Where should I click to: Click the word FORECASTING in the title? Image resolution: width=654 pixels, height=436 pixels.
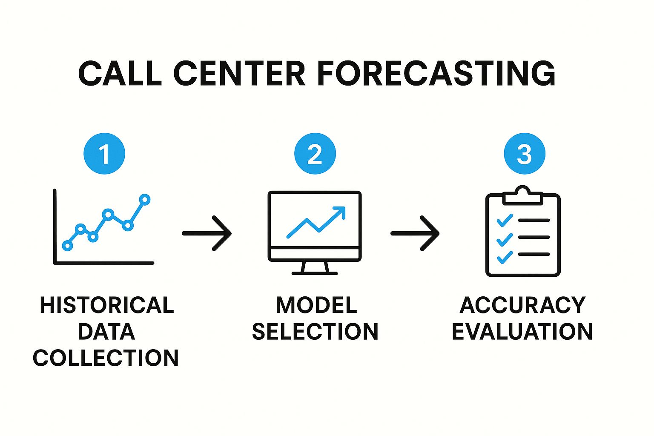click(x=436, y=73)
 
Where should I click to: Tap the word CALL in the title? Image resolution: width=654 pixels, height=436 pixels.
click(x=120, y=73)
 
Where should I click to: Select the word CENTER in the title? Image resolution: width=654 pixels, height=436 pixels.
click(x=239, y=73)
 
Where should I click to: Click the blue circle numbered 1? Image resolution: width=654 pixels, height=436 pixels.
click(x=104, y=154)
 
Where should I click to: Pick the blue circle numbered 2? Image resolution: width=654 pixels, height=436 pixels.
click(x=315, y=154)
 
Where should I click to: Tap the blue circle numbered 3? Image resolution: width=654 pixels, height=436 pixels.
click(x=525, y=154)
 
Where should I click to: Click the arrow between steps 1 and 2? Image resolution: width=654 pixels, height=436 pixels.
click(x=207, y=233)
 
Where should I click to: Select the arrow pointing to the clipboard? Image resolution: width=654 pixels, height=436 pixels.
click(x=415, y=233)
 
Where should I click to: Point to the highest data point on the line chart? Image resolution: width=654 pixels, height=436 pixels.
click(x=144, y=200)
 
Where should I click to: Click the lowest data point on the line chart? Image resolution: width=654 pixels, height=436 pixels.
click(x=67, y=246)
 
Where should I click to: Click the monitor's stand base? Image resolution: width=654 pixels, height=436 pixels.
click(x=315, y=273)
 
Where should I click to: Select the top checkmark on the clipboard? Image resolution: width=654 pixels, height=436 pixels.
click(x=505, y=221)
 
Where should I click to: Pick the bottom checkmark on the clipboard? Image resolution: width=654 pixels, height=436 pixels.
click(x=505, y=258)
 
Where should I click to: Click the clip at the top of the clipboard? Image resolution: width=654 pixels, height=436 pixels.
click(x=522, y=195)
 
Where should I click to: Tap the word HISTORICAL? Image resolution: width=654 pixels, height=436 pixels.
click(x=107, y=305)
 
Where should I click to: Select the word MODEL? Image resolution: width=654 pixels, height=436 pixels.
click(x=316, y=305)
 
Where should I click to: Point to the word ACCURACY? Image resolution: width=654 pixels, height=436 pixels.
click(x=522, y=305)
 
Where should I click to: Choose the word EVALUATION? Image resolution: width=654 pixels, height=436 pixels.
click(x=522, y=331)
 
